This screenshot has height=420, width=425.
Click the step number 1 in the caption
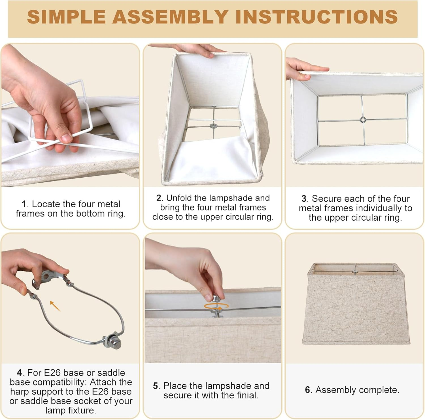(24, 204)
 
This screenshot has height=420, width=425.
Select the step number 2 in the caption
(159, 198)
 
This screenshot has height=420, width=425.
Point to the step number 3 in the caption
(304, 199)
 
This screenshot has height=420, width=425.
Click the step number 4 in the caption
(19, 373)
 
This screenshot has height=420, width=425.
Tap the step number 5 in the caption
(155, 386)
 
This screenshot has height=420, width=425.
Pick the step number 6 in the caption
(307, 390)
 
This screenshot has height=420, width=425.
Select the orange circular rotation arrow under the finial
(216, 306)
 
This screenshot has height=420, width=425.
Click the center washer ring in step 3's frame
(362, 120)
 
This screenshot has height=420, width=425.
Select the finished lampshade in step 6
(356, 304)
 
